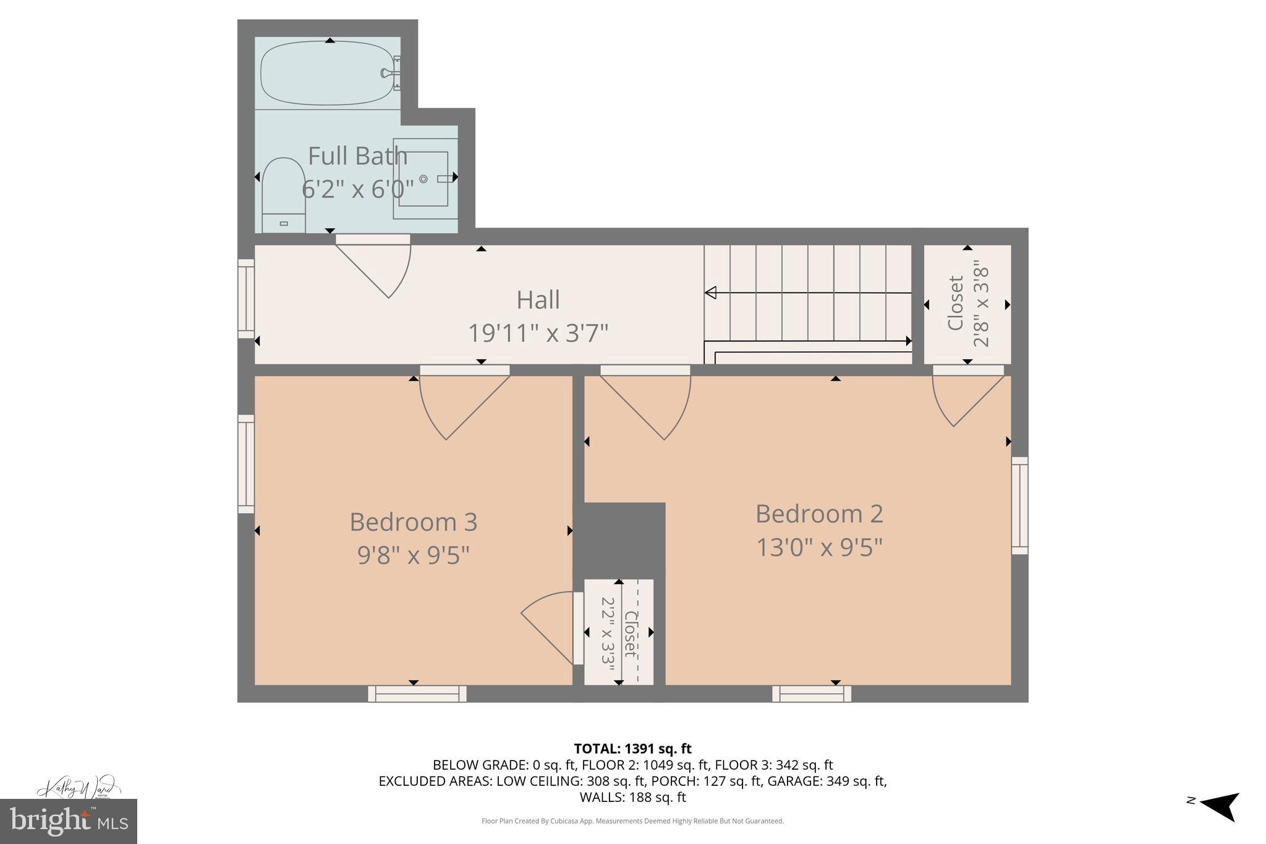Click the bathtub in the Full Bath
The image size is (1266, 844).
326,73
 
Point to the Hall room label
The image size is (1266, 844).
538,300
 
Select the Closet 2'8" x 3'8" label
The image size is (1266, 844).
968,304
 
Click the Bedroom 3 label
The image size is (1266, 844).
413,522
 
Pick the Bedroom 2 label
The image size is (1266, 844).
819,514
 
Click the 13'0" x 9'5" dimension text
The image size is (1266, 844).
819,547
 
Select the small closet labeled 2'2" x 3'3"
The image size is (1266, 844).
619,632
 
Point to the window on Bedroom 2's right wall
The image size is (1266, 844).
1019,506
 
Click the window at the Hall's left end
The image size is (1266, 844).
246,299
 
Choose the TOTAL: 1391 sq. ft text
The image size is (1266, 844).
632,749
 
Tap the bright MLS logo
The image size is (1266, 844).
68,821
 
